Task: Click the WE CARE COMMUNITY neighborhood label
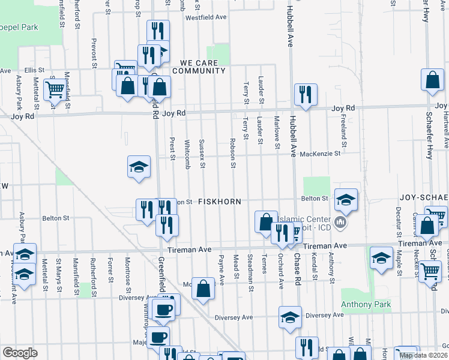click(x=199, y=67)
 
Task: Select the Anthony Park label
click(x=366, y=305)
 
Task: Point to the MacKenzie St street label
click(x=320, y=154)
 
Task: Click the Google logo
click(x=19, y=353)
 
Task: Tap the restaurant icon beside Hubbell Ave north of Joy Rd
click(x=306, y=94)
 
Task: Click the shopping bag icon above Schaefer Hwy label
click(x=432, y=80)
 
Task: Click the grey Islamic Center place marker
click(x=341, y=223)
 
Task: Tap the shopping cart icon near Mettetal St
click(x=55, y=90)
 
